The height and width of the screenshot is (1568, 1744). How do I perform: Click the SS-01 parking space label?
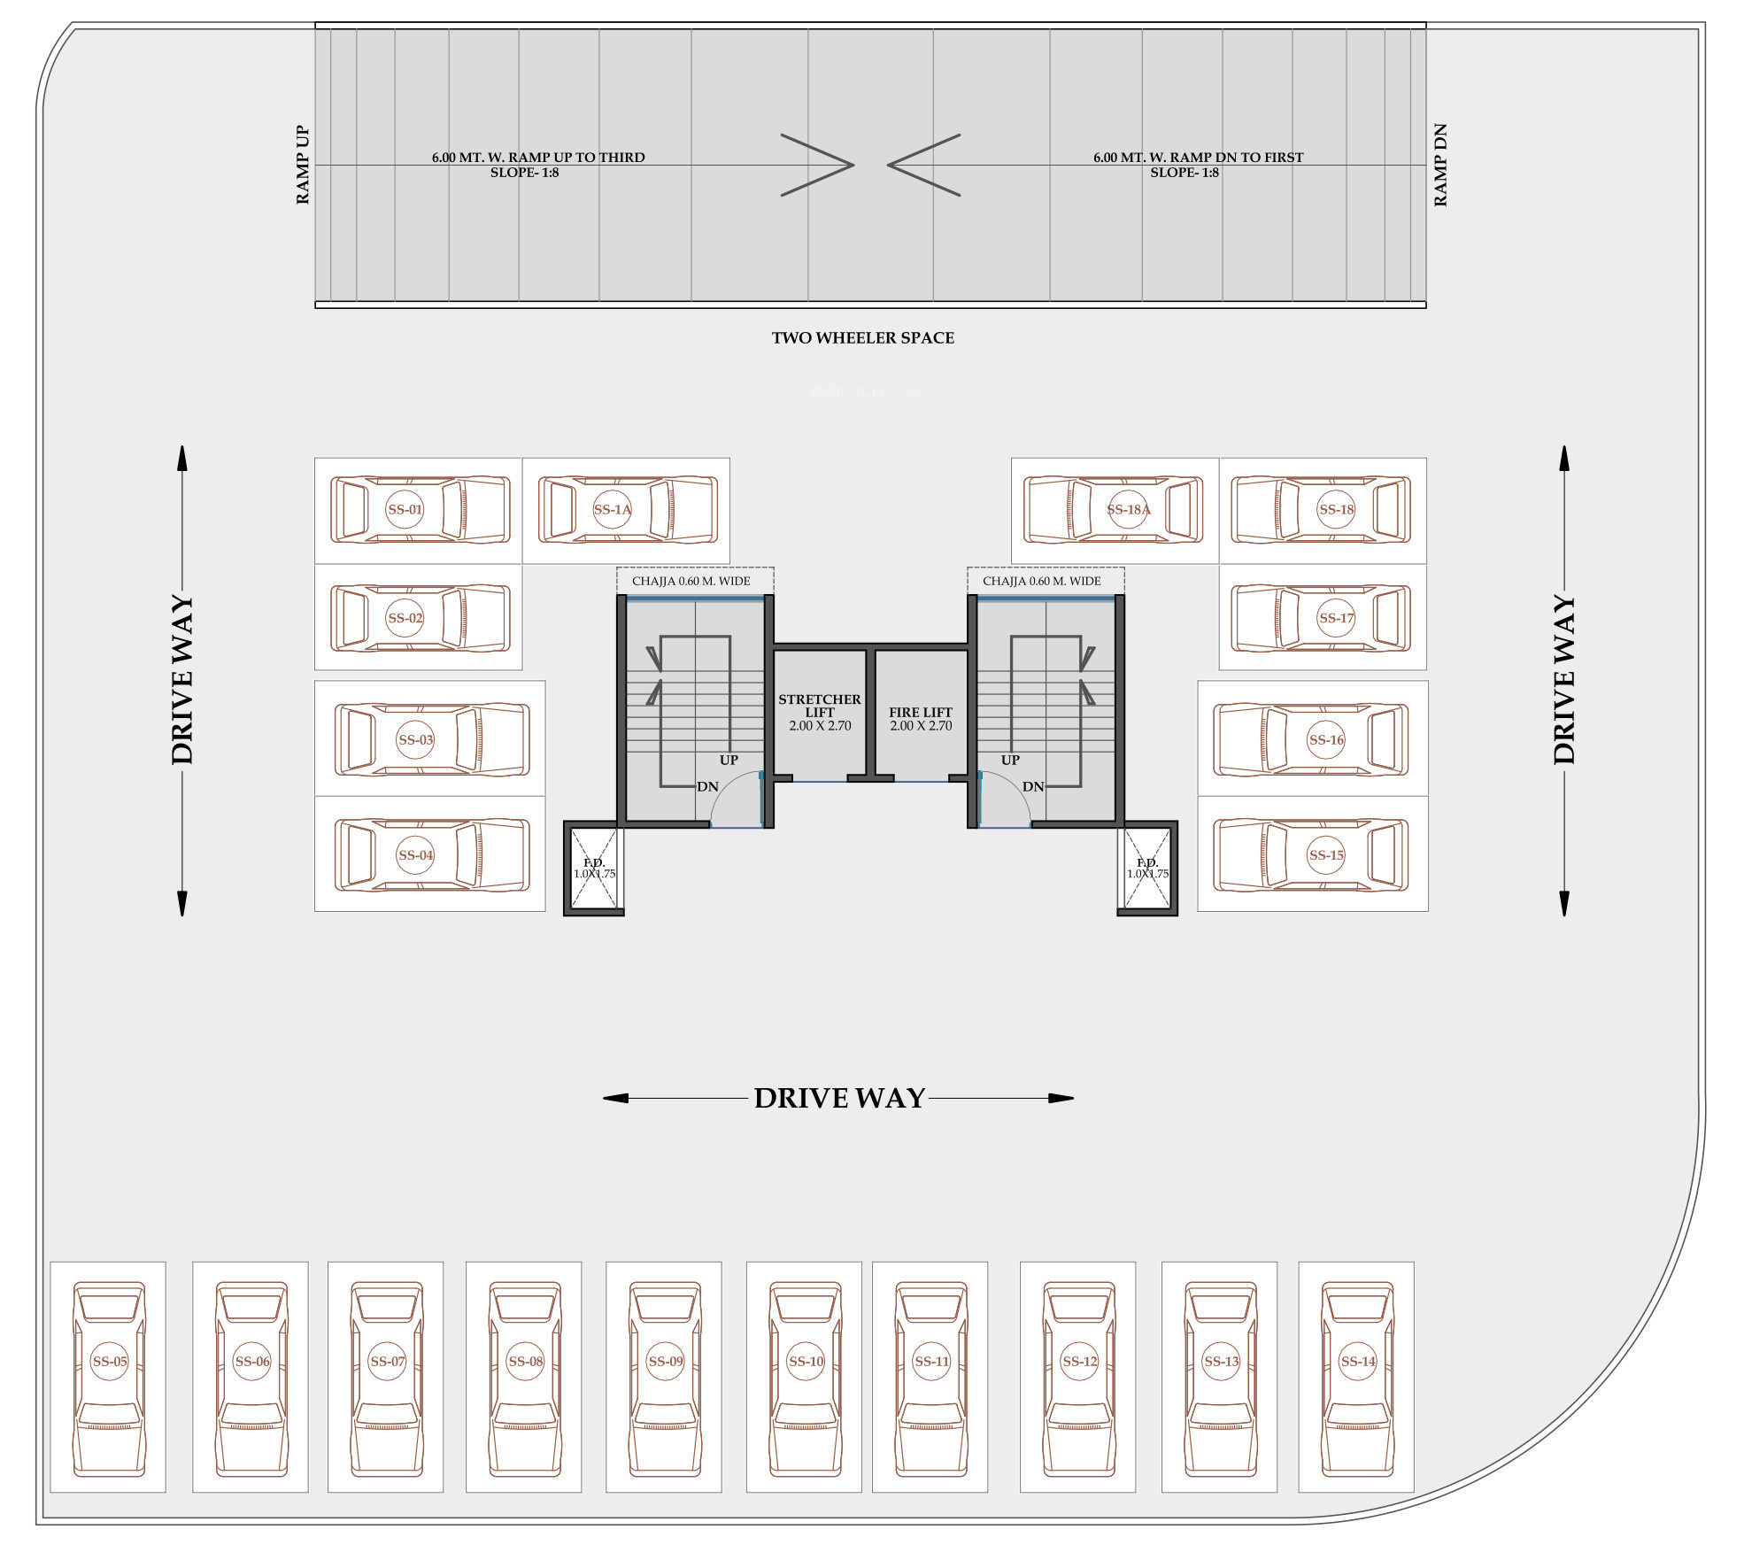pos(405,509)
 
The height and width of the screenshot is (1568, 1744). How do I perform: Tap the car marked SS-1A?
pos(628,510)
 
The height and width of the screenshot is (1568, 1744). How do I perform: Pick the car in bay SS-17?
pos(1321,618)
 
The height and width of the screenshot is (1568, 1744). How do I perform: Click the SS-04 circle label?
pos(415,855)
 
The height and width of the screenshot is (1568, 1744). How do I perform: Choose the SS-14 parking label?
pos(1357,1362)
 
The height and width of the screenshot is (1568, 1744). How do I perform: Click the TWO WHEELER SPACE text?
pos(862,337)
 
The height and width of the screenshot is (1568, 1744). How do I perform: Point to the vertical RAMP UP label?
pos(303,165)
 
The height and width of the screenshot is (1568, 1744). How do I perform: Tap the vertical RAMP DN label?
pos(1440,165)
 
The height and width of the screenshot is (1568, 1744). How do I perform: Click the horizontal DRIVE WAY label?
pos(839,1098)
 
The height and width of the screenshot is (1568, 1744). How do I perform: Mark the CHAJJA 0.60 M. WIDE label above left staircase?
pos(691,581)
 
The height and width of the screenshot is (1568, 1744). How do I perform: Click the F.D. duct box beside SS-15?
pos(1147,868)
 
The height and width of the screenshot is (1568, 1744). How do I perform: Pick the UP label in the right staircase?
pos(1010,760)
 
